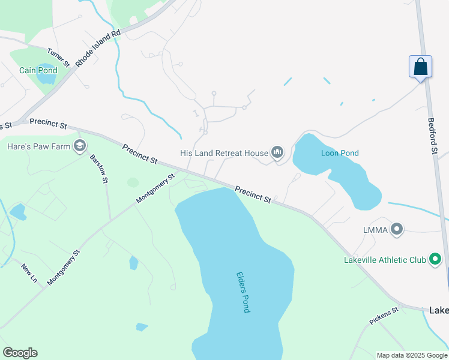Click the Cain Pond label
click(x=38, y=70)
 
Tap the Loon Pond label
click(x=340, y=153)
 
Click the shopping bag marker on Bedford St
click(x=420, y=66)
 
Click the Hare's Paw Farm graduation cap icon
click(x=79, y=145)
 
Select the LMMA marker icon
click(x=396, y=229)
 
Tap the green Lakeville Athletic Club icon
click(x=435, y=260)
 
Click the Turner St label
click(x=59, y=57)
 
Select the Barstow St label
click(x=98, y=169)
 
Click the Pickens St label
click(x=384, y=317)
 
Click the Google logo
click(x=20, y=353)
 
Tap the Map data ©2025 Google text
click(x=412, y=355)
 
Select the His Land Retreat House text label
click(x=223, y=153)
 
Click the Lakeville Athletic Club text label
click(x=384, y=260)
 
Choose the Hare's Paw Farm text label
click(x=37, y=145)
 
